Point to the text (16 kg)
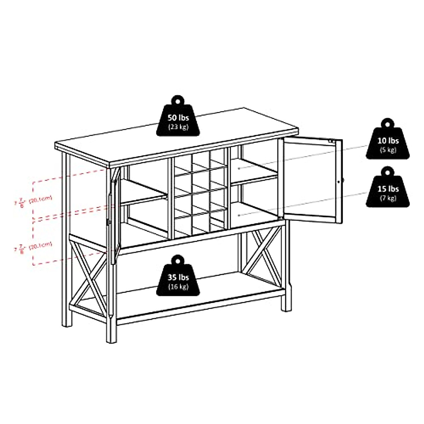(178, 286)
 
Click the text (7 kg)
(388, 198)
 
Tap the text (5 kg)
(388, 150)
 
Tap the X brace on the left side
(90, 276)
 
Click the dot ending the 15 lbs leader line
(239, 214)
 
